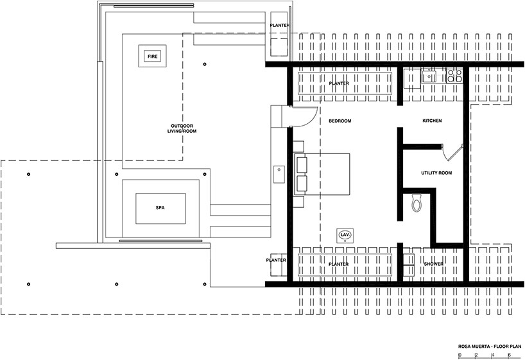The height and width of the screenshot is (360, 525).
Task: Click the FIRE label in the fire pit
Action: click(x=153, y=56)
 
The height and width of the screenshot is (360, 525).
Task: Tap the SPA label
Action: click(x=160, y=208)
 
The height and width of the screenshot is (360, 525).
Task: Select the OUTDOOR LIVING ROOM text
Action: click(x=182, y=128)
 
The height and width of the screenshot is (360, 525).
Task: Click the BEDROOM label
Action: click(x=340, y=121)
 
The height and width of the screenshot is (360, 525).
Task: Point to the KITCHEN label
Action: click(x=432, y=121)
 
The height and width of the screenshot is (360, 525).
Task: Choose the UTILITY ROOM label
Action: click(x=436, y=173)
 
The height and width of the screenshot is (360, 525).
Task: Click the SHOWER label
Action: click(x=434, y=264)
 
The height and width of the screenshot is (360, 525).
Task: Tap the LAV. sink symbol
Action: click(x=345, y=235)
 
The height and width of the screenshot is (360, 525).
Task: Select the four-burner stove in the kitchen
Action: click(x=454, y=76)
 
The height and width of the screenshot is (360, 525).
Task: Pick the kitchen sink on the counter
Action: click(x=429, y=76)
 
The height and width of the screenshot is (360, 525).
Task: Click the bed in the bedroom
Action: click(x=322, y=174)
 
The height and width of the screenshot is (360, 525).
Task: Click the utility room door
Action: click(x=452, y=153)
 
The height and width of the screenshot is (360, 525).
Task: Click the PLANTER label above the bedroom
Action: click(x=339, y=83)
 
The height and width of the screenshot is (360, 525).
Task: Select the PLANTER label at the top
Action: click(x=280, y=25)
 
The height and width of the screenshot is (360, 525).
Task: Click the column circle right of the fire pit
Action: click(x=205, y=64)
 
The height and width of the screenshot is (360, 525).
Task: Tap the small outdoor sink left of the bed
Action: click(x=279, y=174)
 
